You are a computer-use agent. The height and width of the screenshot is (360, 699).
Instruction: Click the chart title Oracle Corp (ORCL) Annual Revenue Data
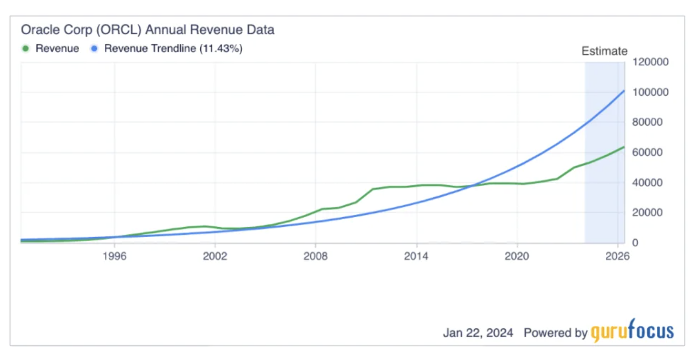pos(147,30)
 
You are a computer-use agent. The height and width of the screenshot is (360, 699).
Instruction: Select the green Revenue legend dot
pos(25,48)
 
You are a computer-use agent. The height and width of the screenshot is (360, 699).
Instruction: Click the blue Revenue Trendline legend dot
pos(94,48)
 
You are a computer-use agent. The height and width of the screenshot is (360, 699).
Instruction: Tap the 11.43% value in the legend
pos(221,48)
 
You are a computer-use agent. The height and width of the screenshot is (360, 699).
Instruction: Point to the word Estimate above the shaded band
pos(604,51)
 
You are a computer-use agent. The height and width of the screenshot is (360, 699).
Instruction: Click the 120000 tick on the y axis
pos(651,62)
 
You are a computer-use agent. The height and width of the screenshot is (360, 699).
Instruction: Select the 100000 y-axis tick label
pos(651,92)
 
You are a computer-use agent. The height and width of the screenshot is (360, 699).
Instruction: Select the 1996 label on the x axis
pos(114,256)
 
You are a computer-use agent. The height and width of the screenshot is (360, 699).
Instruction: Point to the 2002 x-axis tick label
pos(215,256)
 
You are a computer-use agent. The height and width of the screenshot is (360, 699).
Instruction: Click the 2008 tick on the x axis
pos(316,256)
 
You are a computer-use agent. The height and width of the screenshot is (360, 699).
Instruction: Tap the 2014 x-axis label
pos(416,256)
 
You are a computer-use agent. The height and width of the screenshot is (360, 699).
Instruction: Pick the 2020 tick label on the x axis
pos(517,256)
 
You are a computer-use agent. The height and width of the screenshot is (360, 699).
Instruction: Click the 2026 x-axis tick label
pos(617,256)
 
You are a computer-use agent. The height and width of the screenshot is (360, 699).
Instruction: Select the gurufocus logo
pos(632,332)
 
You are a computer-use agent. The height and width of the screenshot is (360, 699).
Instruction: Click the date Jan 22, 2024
pos(478,333)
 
